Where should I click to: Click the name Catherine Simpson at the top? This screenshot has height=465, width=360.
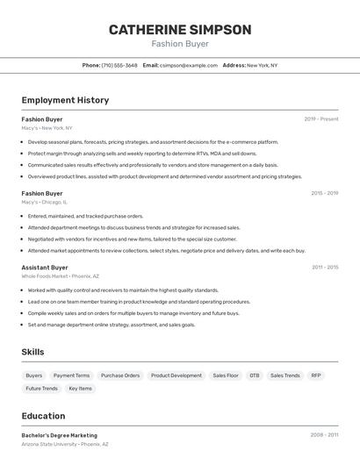(x=180, y=30)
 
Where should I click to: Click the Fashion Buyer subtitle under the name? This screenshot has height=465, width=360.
(x=180, y=44)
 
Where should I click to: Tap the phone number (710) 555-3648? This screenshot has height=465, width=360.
(x=119, y=65)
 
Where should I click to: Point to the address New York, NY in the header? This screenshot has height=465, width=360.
(x=262, y=65)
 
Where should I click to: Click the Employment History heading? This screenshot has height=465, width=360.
(x=65, y=100)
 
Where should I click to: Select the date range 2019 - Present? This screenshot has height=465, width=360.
(x=320, y=119)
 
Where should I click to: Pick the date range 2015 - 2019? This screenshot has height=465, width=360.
(x=324, y=193)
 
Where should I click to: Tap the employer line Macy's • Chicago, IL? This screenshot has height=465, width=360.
(x=44, y=202)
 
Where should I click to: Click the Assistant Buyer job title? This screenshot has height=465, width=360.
(x=45, y=268)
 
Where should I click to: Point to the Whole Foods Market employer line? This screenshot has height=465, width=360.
(x=60, y=276)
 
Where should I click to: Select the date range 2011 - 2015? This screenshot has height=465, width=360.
(x=324, y=268)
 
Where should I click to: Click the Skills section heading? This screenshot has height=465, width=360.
(x=33, y=352)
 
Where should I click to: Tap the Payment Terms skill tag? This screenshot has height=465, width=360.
(x=71, y=376)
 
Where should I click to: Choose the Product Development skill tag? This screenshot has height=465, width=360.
(x=176, y=376)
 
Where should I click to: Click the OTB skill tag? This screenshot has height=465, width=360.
(x=254, y=376)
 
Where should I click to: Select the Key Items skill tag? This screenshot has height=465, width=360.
(x=80, y=389)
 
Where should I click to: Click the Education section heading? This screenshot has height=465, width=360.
(x=43, y=416)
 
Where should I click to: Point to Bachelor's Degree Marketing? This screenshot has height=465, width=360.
(x=60, y=435)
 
